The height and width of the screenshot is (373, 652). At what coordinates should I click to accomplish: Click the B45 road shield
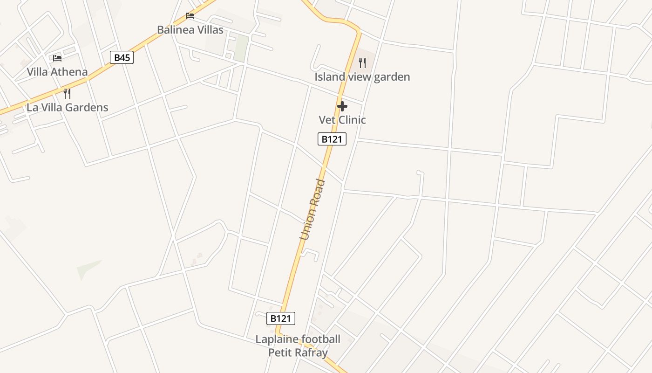pos(122,58)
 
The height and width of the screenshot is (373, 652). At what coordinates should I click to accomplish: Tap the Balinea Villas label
pos(190,30)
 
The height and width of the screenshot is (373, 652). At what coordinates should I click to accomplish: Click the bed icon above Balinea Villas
pos(190,16)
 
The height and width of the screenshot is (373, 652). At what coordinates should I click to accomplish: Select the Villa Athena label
pos(57,72)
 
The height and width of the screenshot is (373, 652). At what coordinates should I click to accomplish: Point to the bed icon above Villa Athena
pos(57,58)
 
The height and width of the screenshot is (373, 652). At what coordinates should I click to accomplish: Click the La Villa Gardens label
pos(67,107)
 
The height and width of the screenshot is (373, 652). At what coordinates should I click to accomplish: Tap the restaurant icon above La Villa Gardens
pos(67,93)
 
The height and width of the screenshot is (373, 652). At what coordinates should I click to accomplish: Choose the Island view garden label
pos(362,77)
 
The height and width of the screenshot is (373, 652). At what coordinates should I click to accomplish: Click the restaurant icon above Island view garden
pos(362,63)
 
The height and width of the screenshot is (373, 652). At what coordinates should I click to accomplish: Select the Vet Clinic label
pos(342,120)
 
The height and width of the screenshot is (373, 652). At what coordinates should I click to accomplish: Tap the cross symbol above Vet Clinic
pos(342,106)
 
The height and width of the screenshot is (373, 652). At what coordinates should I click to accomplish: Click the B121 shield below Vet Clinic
pos(332,139)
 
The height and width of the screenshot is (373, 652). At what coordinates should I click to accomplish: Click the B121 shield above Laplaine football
pos(281,318)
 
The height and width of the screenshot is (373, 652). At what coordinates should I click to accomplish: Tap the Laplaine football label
pos(298,339)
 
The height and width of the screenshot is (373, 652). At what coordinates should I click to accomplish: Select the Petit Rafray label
pos(298,352)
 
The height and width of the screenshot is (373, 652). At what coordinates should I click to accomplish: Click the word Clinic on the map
pos(352,120)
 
